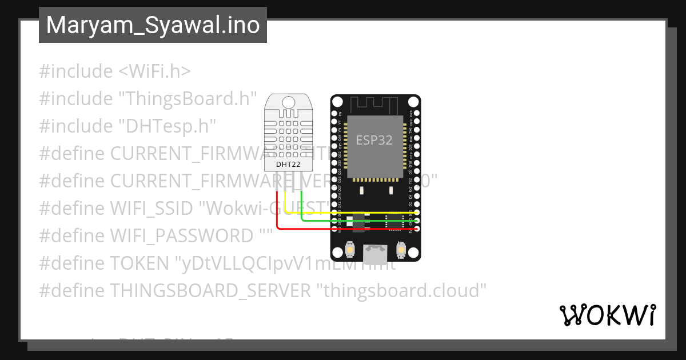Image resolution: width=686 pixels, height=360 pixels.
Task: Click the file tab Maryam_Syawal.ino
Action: (x=153, y=25)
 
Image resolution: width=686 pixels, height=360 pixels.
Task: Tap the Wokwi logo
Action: (x=607, y=315)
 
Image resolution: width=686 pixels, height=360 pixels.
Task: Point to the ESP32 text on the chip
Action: (x=374, y=140)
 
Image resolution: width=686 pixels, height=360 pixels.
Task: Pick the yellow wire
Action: (x=343, y=213)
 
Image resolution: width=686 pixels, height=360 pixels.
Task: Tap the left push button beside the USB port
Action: (x=351, y=250)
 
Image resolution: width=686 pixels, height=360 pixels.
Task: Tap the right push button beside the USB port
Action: (x=400, y=250)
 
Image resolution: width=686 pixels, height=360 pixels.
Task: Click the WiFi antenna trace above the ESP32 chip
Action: (x=374, y=105)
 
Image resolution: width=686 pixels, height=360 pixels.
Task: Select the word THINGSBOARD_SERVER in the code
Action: (x=210, y=290)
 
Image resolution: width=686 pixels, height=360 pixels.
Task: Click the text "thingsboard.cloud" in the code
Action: (x=401, y=290)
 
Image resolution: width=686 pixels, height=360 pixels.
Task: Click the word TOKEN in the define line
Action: (x=139, y=263)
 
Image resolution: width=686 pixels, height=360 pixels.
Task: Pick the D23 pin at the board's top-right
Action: (x=418, y=113)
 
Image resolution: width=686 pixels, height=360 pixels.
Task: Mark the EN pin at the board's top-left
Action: (x=335, y=113)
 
